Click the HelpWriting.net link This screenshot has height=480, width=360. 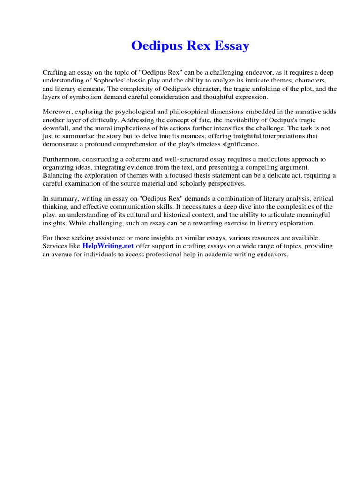tap(108, 246)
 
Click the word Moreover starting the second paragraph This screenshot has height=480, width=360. tap(58, 112)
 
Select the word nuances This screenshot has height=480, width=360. tap(182, 136)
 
